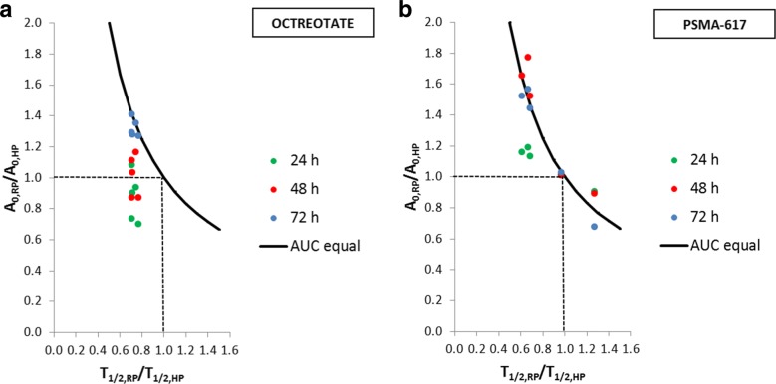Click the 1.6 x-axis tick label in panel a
(228, 349)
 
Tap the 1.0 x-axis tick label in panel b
(564, 349)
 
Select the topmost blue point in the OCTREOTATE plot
(131, 114)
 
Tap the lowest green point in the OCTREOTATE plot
(138, 224)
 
